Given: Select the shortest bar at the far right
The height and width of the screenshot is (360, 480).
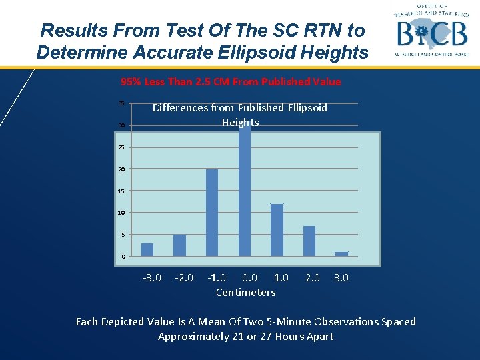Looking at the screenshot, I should click(x=341, y=253).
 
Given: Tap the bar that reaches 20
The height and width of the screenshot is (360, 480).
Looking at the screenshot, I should click(x=212, y=213).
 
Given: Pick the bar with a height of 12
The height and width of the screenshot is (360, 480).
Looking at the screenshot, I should click(x=277, y=230).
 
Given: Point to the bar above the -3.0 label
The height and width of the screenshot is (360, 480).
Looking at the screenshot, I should click(x=147, y=249).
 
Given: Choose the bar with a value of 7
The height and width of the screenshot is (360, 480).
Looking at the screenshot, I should click(x=309, y=241).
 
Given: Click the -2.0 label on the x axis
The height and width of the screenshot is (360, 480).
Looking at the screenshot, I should click(x=184, y=277).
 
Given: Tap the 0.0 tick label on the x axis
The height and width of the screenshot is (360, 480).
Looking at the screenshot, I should click(x=249, y=277).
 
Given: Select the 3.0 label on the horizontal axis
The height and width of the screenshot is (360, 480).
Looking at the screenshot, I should click(x=341, y=277).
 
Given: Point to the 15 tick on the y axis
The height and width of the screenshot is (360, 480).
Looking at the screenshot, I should click(x=121, y=191).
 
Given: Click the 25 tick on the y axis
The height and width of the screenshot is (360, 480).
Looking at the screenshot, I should click(x=121, y=147).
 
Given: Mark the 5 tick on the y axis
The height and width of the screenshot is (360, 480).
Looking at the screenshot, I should click(x=123, y=235).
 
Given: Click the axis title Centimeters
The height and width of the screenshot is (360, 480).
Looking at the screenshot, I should click(x=245, y=292).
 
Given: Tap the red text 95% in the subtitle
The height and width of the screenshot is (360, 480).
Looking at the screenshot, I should click(x=131, y=82).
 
